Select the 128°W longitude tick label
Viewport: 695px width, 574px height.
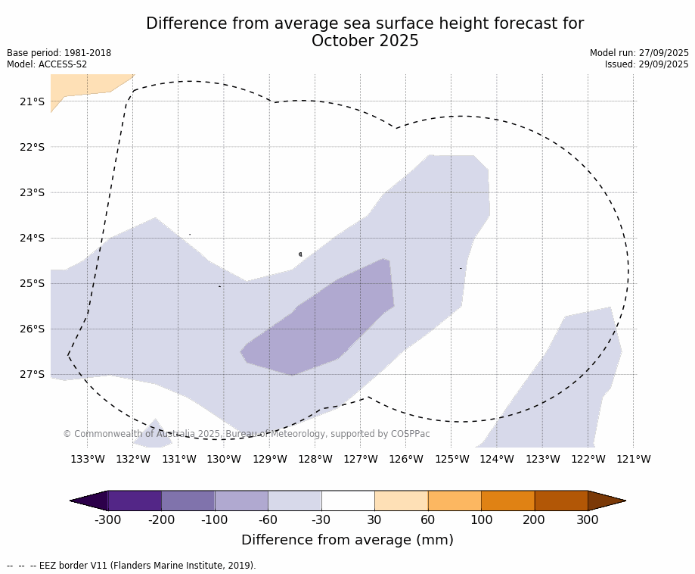coord(315,459)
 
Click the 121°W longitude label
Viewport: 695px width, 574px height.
coord(634,459)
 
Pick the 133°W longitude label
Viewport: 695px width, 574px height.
coord(87,459)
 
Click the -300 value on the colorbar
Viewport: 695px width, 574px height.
coord(107,519)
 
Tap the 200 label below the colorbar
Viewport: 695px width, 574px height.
coord(534,519)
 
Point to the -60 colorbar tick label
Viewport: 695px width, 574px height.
coord(268,519)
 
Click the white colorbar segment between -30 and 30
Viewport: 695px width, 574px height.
coord(348,501)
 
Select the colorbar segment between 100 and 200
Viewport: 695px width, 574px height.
coord(507,501)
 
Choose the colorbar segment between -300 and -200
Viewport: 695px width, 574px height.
coord(135,501)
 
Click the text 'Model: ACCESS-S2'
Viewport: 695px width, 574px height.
coord(47,64)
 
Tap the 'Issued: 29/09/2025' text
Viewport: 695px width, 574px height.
coord(647,64)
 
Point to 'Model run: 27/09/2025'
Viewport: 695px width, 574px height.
coord(639,53)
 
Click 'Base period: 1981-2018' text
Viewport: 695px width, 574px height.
coord(59,53)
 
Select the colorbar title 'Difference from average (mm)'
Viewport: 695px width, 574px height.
coord(347,540)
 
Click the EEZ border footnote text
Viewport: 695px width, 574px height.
coord(132,565)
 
